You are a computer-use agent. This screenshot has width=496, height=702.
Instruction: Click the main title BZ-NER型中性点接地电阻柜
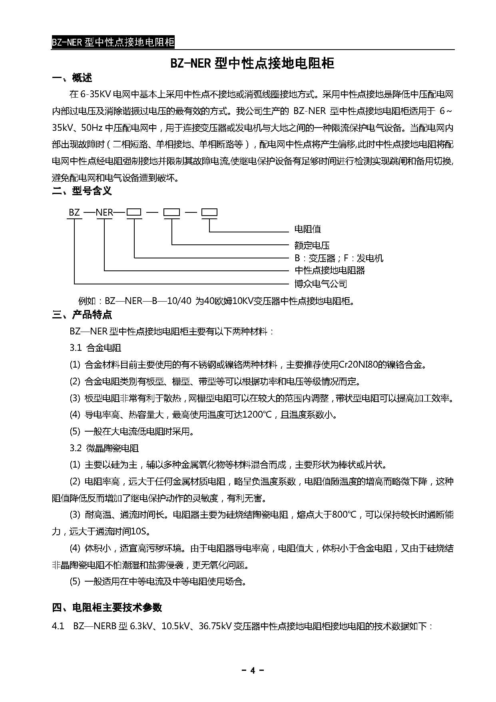(253, 64)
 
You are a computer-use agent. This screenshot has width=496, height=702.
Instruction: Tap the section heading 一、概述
(72, 78)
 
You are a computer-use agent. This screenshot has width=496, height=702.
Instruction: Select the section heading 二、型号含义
(82, 191)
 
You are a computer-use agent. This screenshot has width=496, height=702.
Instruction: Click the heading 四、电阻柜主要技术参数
(107, 607)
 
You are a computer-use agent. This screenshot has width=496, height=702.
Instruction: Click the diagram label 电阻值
(307, 229)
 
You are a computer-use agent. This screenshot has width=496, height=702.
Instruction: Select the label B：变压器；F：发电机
(339, 258)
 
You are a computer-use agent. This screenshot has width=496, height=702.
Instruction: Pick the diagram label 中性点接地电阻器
(330, 270)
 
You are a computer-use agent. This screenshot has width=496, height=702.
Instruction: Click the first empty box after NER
(134, 212)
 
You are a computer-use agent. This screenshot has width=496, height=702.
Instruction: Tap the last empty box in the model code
(209, 212)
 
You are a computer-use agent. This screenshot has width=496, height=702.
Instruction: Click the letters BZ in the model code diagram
(74, 212)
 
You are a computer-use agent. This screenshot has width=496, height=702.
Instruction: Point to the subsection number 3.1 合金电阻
(96, 348)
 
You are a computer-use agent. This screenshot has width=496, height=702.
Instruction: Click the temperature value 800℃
(344, 515)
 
